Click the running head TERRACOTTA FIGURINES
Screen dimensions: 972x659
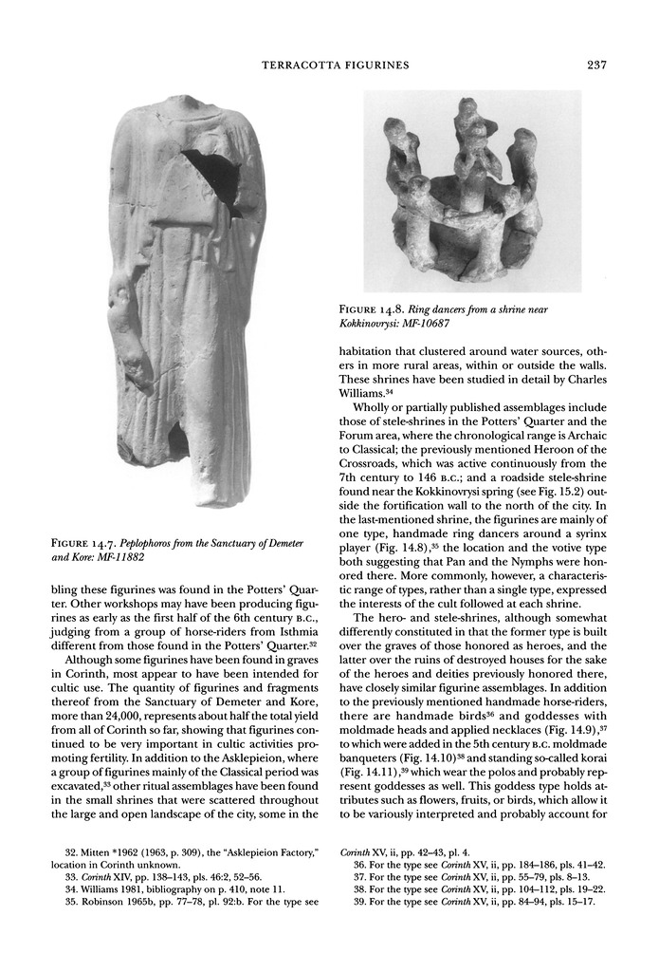tap(335, 65)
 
